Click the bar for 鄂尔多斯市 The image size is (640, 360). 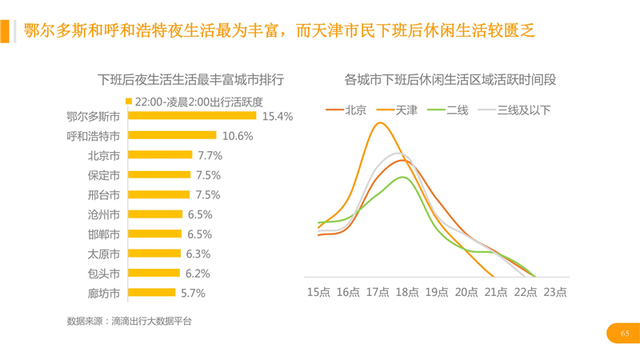pyautogui.click(x=192, y=116)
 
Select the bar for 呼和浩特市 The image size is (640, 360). pyautogui.click(x=172, y=136)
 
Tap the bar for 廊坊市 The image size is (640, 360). pyautogui.click(x=151, y=293)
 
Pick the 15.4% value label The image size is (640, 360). pyautogui.click(x=278, y=116)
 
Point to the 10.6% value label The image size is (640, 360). pyautogui.click(x=238, y=136)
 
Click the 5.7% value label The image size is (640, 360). pyautogui.click(x=194, y=293)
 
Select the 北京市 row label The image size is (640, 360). pyautogui.click(x=104, y=155)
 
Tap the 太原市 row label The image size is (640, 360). pyautogui.click(x=104, y=254)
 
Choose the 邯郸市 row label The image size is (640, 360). pyautogui.click(x=104, y=234)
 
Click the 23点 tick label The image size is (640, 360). pyautogui.click(x=554, y=292)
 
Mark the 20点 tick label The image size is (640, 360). pyautogui.click(x=467, y=292)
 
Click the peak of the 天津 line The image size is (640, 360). pyautogui.click(x=380, y=123)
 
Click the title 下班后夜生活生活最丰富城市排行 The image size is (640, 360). pyautogui.click(x=190, y=79)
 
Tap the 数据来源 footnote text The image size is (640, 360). pyautogui.click(x=130, y=322)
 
